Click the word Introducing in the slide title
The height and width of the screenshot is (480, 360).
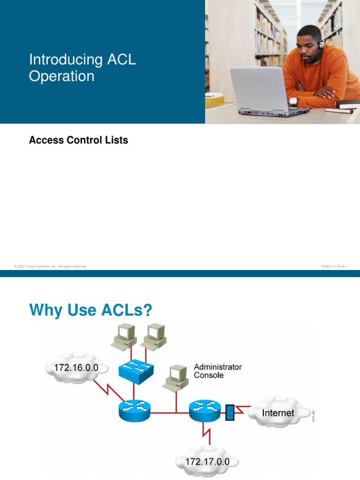(x=66, y=60)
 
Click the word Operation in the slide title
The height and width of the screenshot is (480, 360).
(x=61, y=76)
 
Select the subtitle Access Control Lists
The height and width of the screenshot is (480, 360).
(x=78, y=140)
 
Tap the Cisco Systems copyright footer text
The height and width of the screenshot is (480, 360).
(x=51, y=266)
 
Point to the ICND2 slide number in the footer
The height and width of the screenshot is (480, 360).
(x=334, y=266)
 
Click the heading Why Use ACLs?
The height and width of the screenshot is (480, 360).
(x=91, y=310)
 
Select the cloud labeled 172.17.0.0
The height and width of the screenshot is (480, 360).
(x=207, y=462)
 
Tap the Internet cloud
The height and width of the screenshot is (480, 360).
(x=277, y=413)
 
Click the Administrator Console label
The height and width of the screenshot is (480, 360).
(x=217, y=371)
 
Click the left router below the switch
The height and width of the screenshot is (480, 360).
(x=134, y=411)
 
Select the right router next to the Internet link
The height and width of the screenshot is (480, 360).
(x=205, y=411)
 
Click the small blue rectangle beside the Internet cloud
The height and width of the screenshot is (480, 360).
(x=230, y=412)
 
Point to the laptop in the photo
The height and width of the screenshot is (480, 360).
(x=265, y=91)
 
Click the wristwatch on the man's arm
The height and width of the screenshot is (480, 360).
(x=293, y=101)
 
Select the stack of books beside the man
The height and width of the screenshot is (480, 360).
(x=346, y=106)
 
